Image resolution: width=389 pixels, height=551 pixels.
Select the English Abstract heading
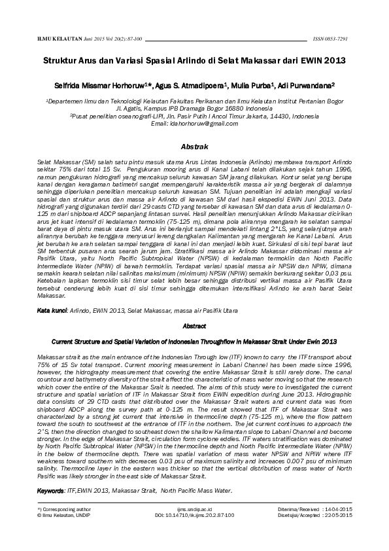194,325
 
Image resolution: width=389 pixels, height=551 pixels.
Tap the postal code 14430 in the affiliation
262,116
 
